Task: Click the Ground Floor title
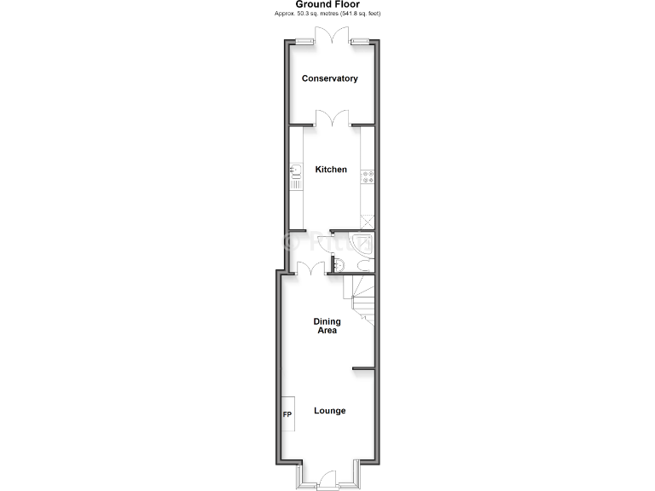pos(327,4)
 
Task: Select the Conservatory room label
pos(330,78)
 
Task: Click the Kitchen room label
pos(331,170)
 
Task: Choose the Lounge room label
pos(329,411)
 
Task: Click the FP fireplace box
pos(287,415)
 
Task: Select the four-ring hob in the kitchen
pos(369,177)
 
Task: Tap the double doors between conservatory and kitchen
pos(331,118)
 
